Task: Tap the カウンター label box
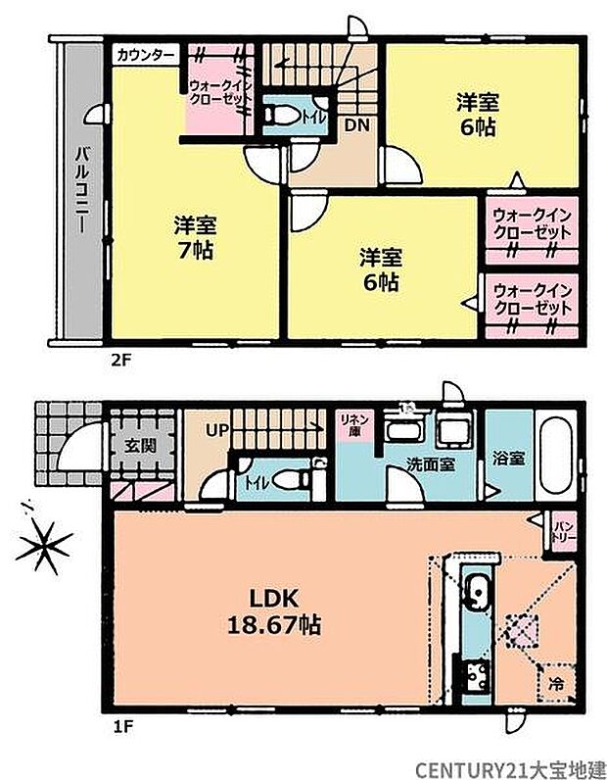point(145,53)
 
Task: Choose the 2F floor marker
point(120,359)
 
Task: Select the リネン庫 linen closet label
point(350,423)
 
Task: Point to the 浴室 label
point(506,456)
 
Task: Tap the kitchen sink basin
point(479,592)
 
